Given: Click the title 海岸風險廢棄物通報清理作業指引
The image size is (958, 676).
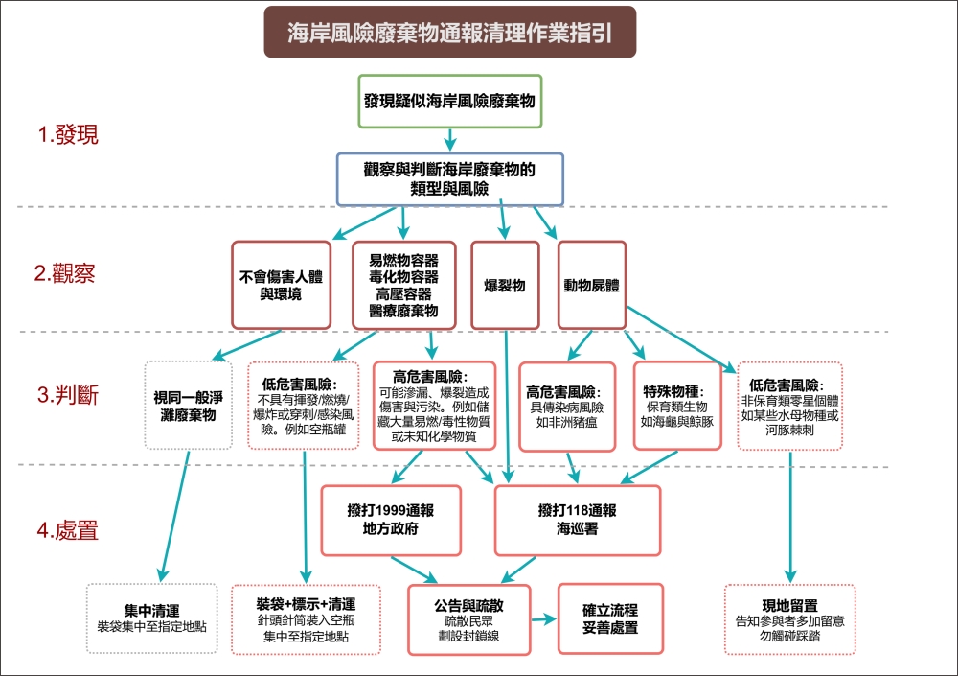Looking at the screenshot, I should (450, 33).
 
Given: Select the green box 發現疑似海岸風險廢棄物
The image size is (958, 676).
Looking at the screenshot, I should (449, 101).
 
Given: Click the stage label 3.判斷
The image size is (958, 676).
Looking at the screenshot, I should (68, 394).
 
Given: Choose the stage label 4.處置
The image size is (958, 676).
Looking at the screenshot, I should (68, 530).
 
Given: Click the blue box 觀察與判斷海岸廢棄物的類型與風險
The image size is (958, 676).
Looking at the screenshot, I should (449, 178).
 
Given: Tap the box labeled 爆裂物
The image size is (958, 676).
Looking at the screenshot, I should (505, 285).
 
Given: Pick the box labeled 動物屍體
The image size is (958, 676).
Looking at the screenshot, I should (591, 285).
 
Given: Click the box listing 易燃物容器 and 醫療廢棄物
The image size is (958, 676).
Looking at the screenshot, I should (403, 285).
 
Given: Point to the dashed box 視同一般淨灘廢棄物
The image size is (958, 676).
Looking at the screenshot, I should (189, 406).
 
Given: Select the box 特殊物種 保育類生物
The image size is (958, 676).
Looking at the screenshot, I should (676, 406).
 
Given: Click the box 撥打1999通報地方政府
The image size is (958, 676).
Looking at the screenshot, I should (391, 520).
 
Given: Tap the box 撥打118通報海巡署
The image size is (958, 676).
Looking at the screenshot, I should (577, 520).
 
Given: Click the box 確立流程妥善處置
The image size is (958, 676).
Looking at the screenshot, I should (610, 618).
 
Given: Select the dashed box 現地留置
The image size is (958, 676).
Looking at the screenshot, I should (790, 618).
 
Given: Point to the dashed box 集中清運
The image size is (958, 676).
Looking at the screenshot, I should (152, 618).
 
